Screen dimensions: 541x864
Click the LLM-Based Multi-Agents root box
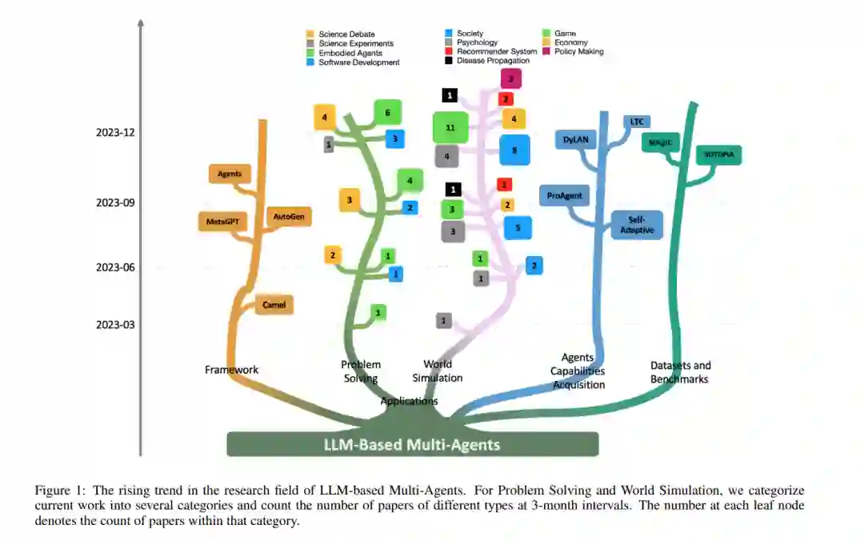pyautogui.click(x=412, y=444)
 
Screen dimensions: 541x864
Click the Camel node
pyautogui.click(x=274, y=305)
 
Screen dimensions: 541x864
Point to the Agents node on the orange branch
pyautogui.click(x=230, y=173)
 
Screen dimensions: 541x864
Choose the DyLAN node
pyautogui.click(x=575, y=139)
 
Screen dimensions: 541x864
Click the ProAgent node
pyautogui.click(x=564, y=195)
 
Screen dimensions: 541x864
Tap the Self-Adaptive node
pyautogui.click(x=637, y=225)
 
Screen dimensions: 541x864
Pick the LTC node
pyautogui.click(x=637, y=122)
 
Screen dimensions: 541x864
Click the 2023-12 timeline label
pyautogui.click(x=115, y=133)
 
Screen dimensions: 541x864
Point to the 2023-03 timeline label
pyautogui.click(x=115, y=325)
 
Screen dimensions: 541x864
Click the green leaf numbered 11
pyautogui.click(x=450, y=128)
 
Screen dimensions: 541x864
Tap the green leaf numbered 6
pyautogui.click(x=387, y=113)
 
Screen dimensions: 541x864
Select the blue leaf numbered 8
pyautogui.click(x=514, y=150)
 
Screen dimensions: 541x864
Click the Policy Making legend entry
pyautogui.click(x=578, y=52)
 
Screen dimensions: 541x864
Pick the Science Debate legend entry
pyautogui.click(x=344, y=34)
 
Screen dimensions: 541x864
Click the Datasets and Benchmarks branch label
pyautogui.click(x=680, y=372)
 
